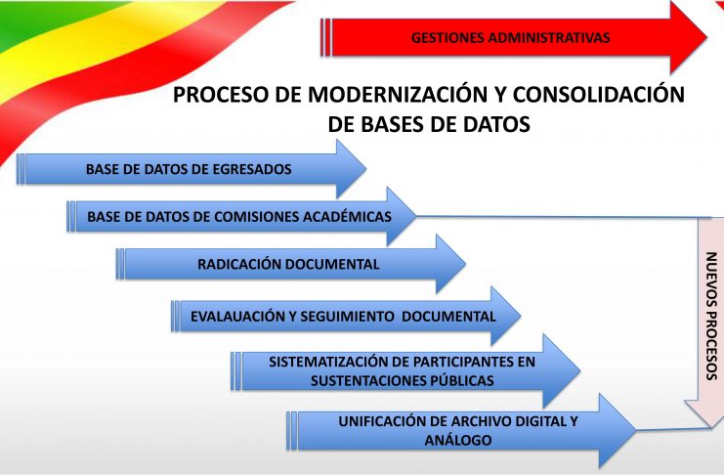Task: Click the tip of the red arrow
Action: tap(706, 37)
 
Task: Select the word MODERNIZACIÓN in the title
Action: tap(398, 94)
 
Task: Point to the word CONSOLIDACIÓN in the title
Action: tap(599, 94)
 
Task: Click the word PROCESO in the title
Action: tap(221, 95)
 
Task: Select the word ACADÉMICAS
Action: tap(347, 216)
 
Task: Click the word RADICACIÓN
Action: tap(239, 264)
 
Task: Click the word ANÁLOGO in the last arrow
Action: tap(458, 440)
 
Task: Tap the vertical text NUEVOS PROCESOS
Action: tap(711, 316)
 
